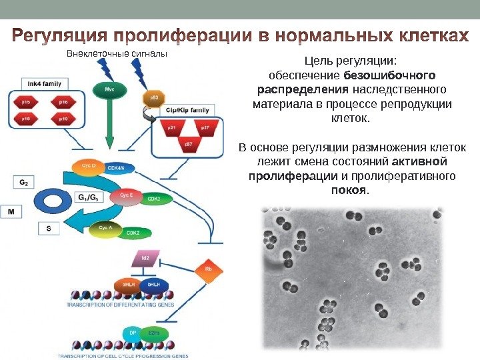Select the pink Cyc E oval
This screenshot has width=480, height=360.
[x=126, y=195]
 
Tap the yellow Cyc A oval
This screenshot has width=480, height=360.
[x=107, y=229]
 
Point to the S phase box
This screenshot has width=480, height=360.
[x=48, y=229]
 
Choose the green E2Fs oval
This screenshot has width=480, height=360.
[x=157, y=332]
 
